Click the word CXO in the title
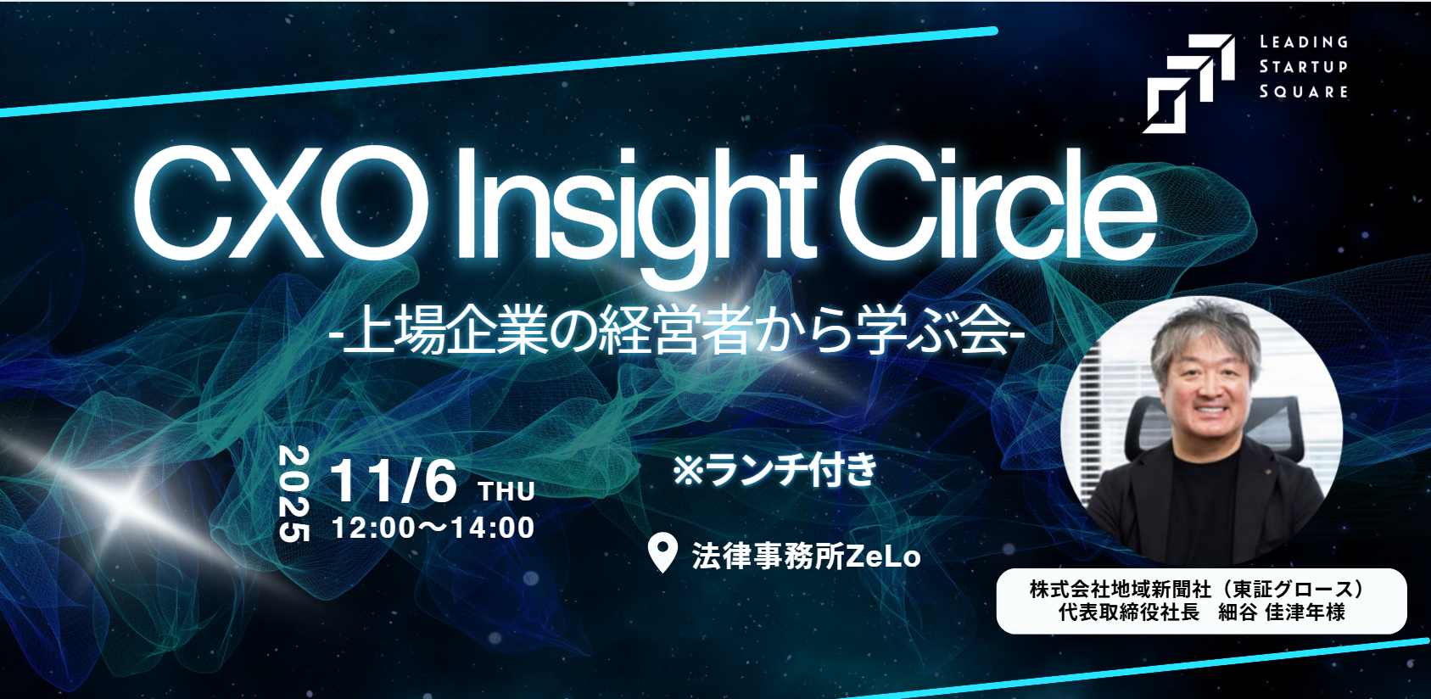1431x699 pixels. pyautogui.click(x=280, y=204)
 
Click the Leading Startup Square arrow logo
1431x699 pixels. pyautogui.click(x=1189, y=83)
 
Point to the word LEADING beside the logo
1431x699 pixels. pyautogui.click(x=1303, y=42)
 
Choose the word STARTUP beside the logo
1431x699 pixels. pyautogui.click(x=1303, y=66)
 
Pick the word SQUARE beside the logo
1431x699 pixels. pyautogui.click(x=1303, y=92)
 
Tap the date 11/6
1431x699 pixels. pyautogui.click(x=393, y=480)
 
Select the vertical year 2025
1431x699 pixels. pyautogui.click(x=294, y=494)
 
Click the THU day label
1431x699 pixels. pyautogui.click(x=506, y=491)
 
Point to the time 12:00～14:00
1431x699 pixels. pyautogui.click(x=433, y=528)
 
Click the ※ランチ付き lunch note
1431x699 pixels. pyautogui.click(x=775, y=469)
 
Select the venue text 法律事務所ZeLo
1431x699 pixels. pyautogui.click(x=806, y=556)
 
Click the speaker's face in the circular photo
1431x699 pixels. pyautogui.click(x=1207, y=387)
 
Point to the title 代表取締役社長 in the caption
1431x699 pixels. pyautogui.click(x=1128, y=612)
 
